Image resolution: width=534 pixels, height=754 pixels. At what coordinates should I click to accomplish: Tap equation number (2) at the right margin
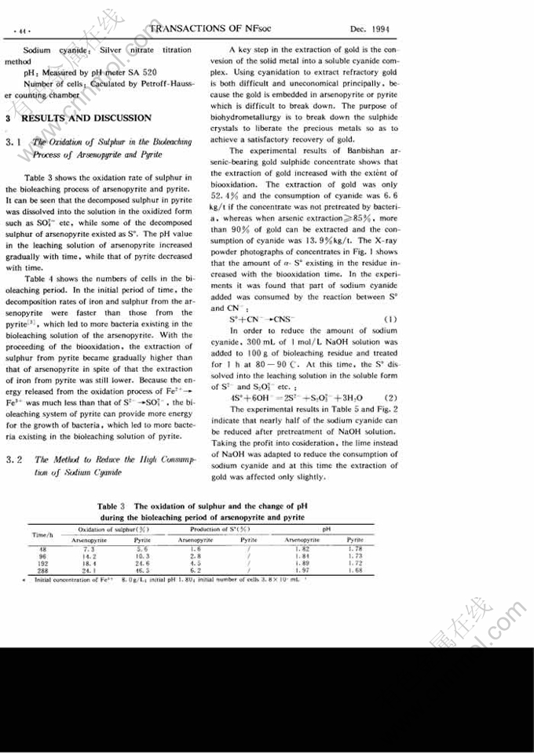point(386,398)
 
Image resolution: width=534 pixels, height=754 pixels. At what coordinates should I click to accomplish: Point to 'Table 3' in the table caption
point(111,506)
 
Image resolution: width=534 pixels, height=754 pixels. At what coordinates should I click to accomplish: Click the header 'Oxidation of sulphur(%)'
point(114,530)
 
